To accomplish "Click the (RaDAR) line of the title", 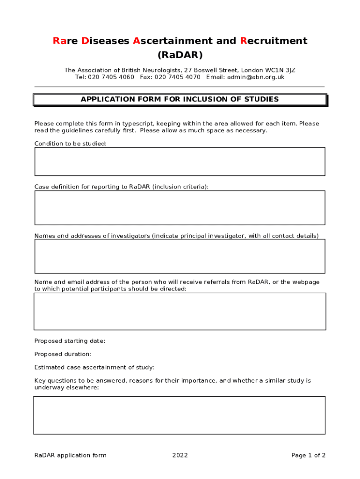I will pos(180,55).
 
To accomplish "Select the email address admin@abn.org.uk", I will pos(256,77).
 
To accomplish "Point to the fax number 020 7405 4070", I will pos(178,77).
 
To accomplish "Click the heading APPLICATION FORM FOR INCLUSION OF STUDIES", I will pos(180,99).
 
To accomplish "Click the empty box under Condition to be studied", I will pos(180,161).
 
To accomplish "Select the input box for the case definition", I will pos(180,207).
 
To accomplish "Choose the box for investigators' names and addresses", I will pos(180,256).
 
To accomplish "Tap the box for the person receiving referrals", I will pos(180,311).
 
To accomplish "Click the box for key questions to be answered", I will pos(180,415).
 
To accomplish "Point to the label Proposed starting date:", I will pos(70,341).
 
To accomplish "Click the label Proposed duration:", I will pos(63,354).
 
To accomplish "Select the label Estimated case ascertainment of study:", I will pos(94,367).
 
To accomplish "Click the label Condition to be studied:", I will pos(71,144).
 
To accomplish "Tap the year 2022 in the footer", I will pos(180,455).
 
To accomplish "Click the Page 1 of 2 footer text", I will pos(308,455).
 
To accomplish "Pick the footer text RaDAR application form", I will pos(71,455).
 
